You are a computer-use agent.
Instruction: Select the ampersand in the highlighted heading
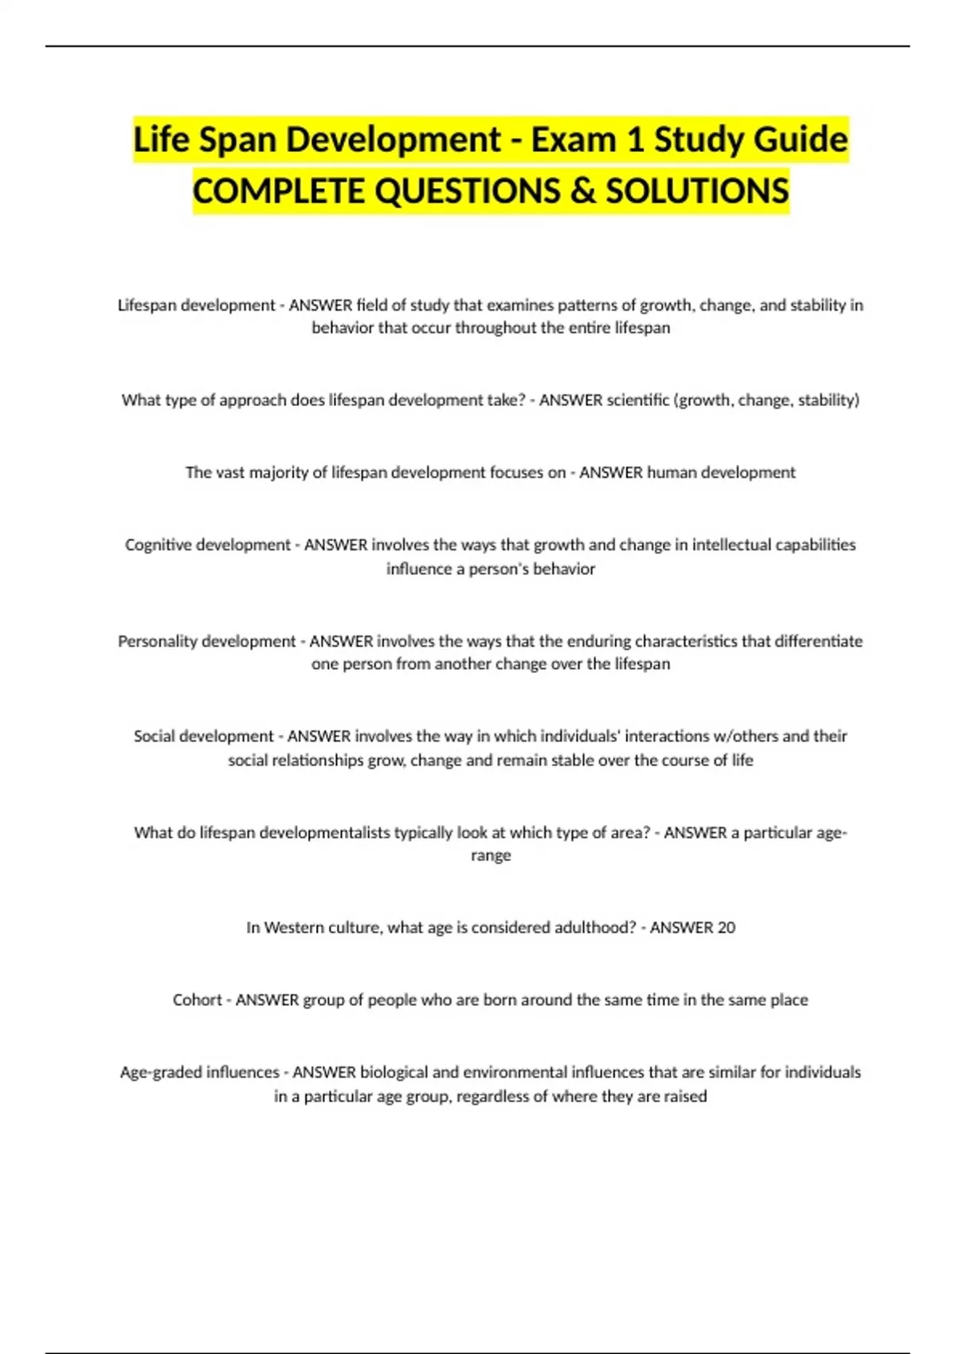584,191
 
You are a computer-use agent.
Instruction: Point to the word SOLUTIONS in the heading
697,191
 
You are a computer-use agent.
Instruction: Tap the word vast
230,472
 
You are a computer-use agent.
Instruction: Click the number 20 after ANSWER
726,927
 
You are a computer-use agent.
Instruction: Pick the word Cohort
197,1000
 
